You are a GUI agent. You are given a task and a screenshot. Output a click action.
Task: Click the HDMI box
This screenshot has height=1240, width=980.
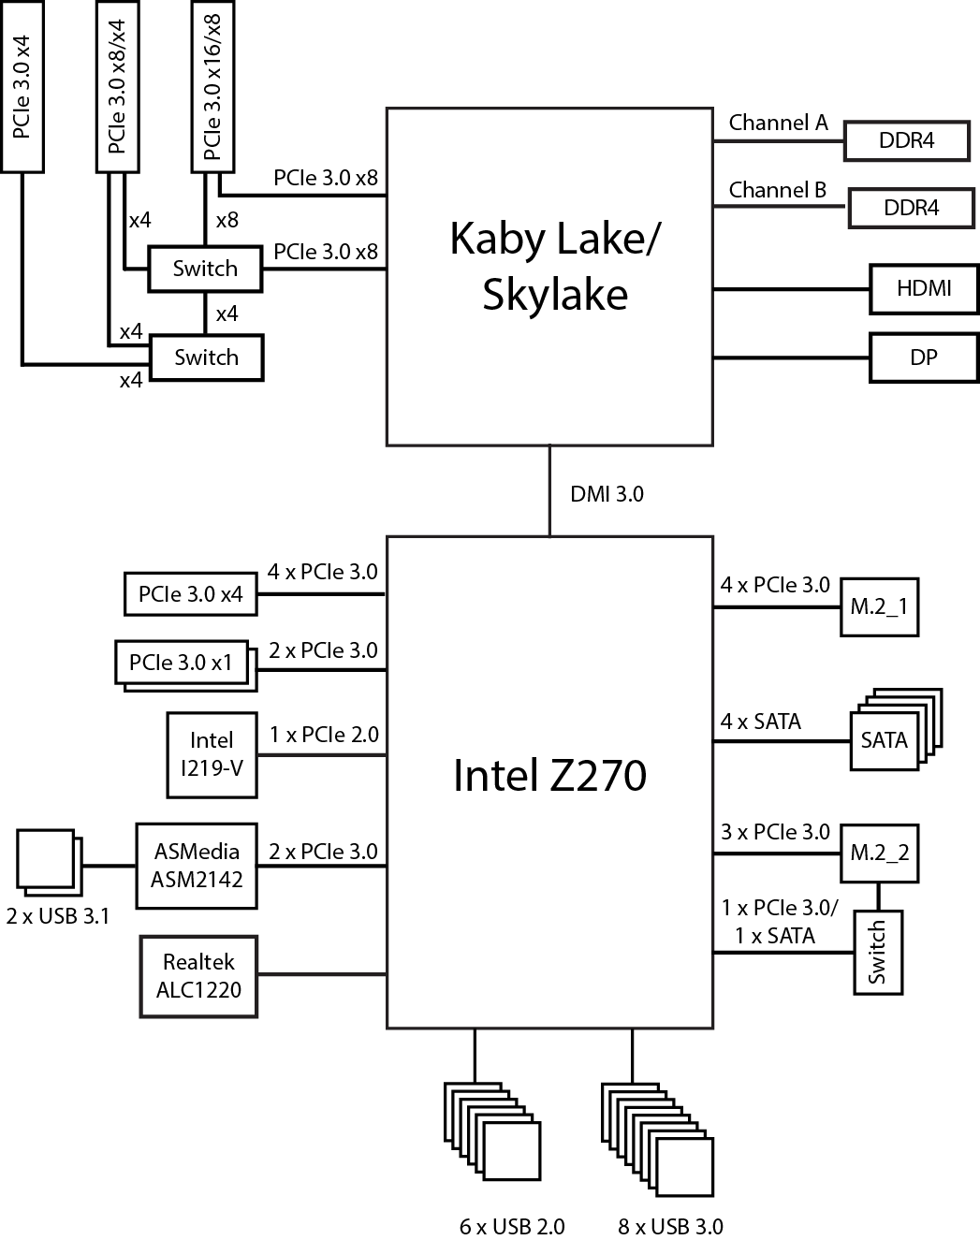pos(923,288)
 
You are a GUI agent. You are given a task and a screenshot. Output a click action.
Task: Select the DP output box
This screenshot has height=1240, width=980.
pos(923,357)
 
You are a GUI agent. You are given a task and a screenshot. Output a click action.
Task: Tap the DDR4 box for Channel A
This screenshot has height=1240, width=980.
pos(906,141)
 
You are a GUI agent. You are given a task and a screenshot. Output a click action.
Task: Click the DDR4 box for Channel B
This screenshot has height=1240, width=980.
pos(911,208)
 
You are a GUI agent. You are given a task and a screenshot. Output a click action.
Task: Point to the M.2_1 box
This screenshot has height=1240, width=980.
pos(879,606)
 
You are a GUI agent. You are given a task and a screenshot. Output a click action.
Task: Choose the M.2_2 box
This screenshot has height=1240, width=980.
pos(879,853)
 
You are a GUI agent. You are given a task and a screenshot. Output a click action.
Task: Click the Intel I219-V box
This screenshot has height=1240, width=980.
pos(212,754)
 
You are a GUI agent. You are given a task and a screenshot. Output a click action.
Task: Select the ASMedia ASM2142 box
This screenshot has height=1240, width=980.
pos(197,866)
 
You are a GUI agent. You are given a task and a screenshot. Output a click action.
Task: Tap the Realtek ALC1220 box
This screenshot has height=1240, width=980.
pos(198,976)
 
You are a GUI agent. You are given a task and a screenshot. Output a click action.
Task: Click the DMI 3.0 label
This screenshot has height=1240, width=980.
pos(607,493)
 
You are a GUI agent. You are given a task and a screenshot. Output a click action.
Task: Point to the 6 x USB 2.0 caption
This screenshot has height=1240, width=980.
pos(512,1226)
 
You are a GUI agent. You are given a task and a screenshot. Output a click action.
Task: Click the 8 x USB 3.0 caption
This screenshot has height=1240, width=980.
pos(670,1226)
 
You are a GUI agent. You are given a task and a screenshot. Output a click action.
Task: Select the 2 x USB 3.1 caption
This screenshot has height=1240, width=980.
pos(57,916)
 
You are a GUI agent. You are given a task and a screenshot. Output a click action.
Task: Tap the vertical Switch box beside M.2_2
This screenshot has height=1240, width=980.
pos(878,952)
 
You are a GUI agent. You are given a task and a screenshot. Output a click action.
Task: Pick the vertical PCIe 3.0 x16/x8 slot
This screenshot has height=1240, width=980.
pos(212,86)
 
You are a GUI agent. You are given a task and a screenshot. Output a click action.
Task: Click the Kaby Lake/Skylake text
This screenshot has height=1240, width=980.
pos(554,266)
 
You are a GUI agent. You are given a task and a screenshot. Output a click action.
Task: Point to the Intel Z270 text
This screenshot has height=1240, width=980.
pos(549,776)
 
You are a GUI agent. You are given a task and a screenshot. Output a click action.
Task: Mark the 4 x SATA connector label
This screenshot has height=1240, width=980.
pos(761,722)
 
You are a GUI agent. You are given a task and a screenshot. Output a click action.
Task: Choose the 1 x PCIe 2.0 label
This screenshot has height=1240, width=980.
pos(324,735)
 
